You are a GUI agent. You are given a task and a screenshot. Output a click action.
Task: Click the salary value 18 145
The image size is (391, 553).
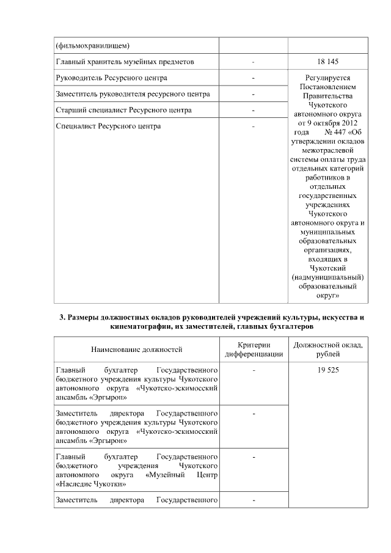coord(328,62)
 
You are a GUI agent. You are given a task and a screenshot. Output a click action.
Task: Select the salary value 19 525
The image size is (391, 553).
coord(328,370)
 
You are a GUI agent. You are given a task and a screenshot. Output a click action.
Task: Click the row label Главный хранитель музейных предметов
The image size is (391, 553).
coord(125,62)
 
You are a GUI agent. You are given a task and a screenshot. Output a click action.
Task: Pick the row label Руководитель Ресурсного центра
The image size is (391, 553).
coord(111,78)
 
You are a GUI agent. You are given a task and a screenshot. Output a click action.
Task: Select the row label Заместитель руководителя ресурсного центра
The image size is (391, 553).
coord(133,94)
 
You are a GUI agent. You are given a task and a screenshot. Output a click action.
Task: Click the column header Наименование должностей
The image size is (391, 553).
coord(136,350)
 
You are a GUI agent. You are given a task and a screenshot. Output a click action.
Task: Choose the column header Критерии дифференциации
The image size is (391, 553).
coord(253,350)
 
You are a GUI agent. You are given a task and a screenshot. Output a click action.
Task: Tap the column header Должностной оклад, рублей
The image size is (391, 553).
coord(328,350)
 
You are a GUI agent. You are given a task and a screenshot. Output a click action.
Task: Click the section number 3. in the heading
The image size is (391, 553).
coord(62,317)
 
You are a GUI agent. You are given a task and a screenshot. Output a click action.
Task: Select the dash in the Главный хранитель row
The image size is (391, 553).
coord(253,62)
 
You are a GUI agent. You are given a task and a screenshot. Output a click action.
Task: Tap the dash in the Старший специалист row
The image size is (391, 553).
coord(253,110)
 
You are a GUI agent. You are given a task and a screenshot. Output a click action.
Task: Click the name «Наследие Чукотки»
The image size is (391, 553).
coord(91,483)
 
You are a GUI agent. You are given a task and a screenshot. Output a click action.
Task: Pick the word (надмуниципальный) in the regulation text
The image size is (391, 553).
coord(328,277)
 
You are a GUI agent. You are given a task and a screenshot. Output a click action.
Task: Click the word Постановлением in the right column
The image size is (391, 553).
coord(328,87)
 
